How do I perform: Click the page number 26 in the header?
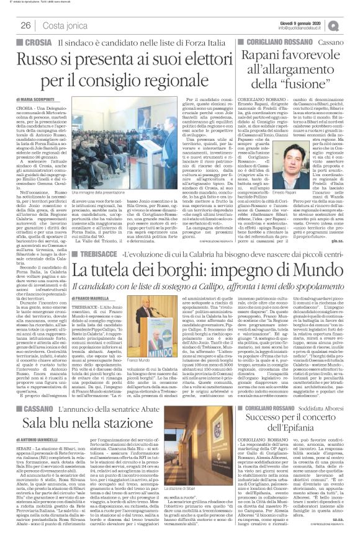pos(25,25)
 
